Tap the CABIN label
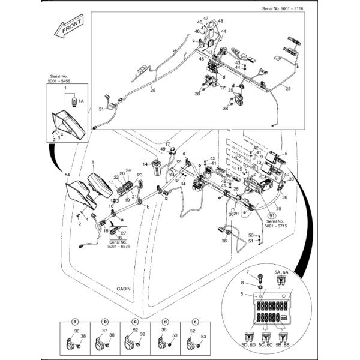(125, 290)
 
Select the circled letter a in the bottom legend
(75, 322)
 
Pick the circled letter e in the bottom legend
(194, 322)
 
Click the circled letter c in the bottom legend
(134, 322)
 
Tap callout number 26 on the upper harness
(152, 91)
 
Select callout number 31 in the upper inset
(101, 109)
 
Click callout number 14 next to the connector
(145, 164)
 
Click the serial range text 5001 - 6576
(118, 247)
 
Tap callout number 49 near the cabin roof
(163, 149)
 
